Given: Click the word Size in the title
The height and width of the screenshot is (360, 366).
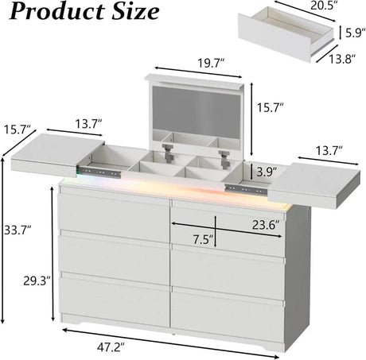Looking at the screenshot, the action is pos(135,12).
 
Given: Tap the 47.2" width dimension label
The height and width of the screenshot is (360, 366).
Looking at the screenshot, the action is pos(111,347).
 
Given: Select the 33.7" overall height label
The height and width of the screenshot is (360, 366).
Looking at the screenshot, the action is pos(18,230).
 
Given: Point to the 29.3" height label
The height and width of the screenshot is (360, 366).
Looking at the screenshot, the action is pos(37,281).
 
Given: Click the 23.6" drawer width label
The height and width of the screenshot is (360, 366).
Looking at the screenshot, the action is pos(266,225).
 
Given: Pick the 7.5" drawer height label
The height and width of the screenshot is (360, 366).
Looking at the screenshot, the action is pos(203,240).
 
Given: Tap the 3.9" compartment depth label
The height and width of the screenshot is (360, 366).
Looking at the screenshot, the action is pos(267,172).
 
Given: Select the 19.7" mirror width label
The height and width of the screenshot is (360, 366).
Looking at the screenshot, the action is pos(212,64).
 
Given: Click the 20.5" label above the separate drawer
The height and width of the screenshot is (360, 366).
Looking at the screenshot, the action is pos(323,6).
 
